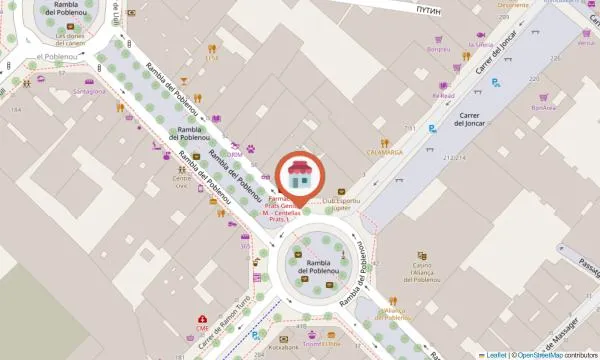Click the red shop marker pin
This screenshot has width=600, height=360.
298,175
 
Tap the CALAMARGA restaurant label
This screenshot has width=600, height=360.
384,153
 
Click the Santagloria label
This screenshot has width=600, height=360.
89,91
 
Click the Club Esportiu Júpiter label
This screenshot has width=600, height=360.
342,205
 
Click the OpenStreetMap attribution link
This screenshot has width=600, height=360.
541,354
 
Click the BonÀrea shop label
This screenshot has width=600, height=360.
543,107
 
